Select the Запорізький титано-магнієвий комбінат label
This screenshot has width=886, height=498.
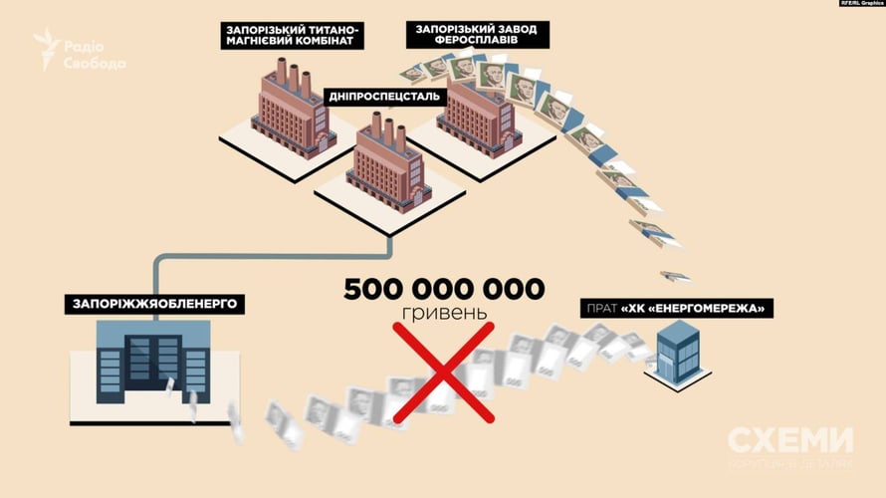pos(293,36)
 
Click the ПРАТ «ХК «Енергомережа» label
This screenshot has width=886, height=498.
pos(677,309)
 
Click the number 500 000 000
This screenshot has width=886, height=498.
pos(444,290)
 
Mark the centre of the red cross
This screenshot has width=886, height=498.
pos(445,373)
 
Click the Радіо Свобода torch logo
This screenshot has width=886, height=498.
pos(47,47)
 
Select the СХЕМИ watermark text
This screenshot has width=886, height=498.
pos(790,441)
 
